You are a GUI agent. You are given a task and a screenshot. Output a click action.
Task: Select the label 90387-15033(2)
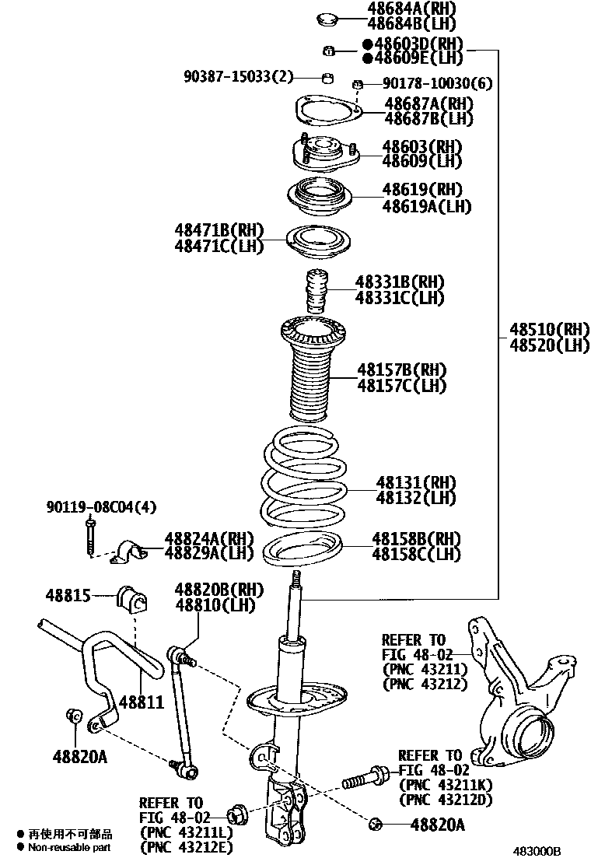pos(239,76)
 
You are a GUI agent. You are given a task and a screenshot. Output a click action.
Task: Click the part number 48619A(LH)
pos(426,206)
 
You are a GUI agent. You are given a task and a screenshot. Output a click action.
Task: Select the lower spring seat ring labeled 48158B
pos(305,552)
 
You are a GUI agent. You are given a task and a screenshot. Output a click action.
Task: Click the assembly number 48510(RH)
pos(549,329)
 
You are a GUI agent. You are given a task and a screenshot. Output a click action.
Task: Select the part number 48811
pos(142,702)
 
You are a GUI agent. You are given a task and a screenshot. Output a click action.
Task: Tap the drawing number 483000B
pos(536,852)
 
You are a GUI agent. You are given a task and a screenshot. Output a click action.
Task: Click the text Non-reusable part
pos(70,847)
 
